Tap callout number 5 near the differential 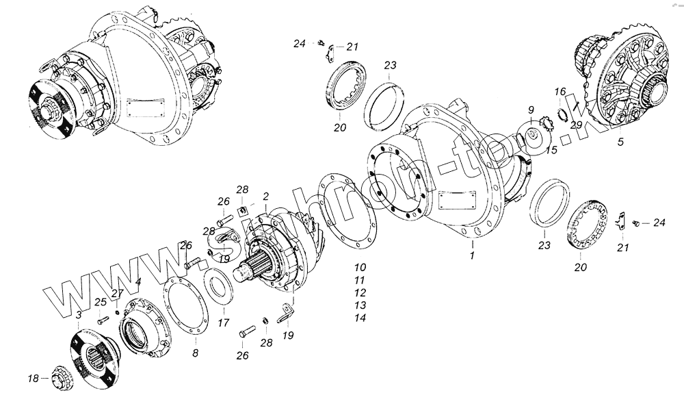click(x=620, y=142)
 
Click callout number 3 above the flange click(x=79, y=314)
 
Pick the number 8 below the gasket click(x=195, y=353)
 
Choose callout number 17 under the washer click(x=222, y=323)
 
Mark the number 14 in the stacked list click(x=360, y=318)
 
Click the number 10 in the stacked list click(x=360, y=266)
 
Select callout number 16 click(x=560, y=92)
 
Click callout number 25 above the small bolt click(x=101, y=302)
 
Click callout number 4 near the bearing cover click(x=137, y=281)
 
